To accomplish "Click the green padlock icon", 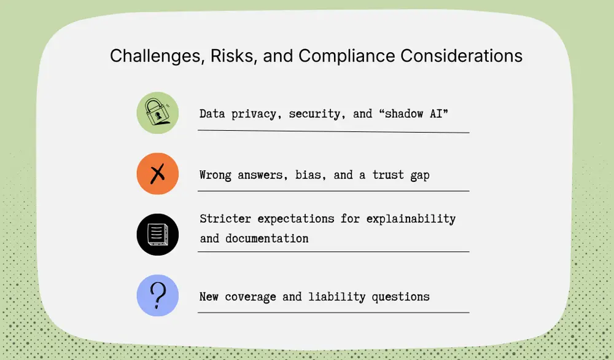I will click(x=157, y=113).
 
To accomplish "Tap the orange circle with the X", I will click(x=157, y=174).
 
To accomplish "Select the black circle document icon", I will click(x=157, y=235).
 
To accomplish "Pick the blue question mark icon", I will click(x=157, y=295).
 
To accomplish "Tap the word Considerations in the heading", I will click(x=462, y=56).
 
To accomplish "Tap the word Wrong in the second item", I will click(x=216, y=175).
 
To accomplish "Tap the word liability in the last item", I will click(x=332, y=297).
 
